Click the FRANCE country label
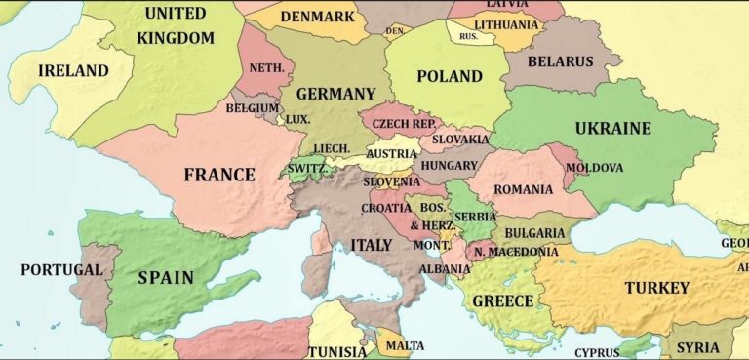[219, 176]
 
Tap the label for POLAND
[450, 76]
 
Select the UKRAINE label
[612, 129]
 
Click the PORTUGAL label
[61, 269]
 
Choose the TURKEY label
[657, 288]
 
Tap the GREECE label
[503, 301]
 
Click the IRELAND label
[73, 71]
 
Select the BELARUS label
[561, 61]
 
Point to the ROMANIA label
[524, 189]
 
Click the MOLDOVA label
[594, 168]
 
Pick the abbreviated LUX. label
[297, 119]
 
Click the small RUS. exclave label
[468, 36]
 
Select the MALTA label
[405, 345]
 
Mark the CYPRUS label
[597, 352]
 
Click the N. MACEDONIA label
[516, 252]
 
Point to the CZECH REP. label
[404, 124]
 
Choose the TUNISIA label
[337, 351]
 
